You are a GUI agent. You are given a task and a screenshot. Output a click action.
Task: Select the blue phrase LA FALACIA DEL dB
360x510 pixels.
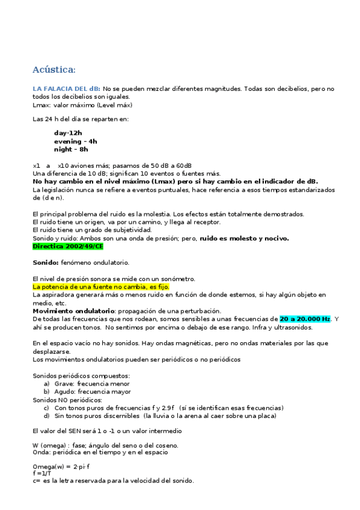[67, 88]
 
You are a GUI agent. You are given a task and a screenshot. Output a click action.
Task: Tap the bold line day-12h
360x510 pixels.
[68, 133]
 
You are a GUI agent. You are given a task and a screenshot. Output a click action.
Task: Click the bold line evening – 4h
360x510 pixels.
[75, 141]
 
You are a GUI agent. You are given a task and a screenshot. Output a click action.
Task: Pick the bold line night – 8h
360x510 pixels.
[71, 149]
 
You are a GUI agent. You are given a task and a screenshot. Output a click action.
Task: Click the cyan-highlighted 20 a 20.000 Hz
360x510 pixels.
[305, 319]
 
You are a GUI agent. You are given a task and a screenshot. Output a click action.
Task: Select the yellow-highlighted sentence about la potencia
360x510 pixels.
[101, 287]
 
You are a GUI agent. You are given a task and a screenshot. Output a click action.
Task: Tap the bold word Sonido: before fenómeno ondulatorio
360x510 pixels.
[45, 263]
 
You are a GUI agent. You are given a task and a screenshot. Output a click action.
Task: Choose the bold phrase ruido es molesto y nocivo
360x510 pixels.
[244, 238]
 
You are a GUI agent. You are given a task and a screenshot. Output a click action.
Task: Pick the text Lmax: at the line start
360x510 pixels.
[41, 104]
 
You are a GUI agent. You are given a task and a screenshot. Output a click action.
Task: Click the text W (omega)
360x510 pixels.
[47, 445]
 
